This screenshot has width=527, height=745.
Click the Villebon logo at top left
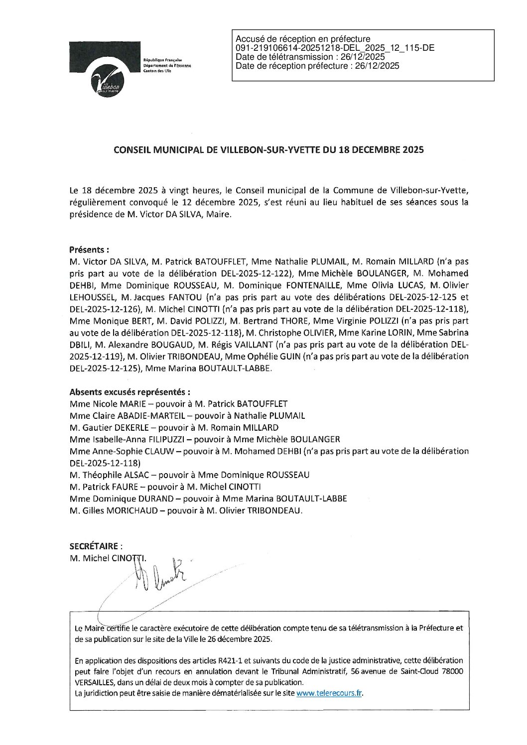coord(105,70)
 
